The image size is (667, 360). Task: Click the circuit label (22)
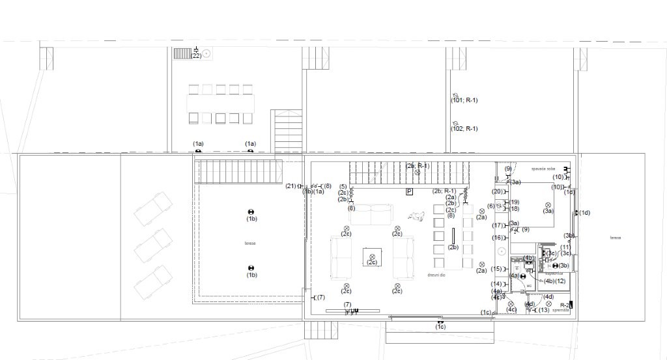click(196, 56)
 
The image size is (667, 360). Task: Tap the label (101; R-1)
click(464, 100)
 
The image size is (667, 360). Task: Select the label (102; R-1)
click(464, 129)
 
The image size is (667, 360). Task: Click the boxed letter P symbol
click(409, 191)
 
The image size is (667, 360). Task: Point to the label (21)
click(291, 186)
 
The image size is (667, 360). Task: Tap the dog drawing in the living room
click(414, 215)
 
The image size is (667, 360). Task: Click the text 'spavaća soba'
click(542, 167)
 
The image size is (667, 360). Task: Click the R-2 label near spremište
click(565, 304)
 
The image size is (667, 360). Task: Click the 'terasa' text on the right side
click(615, 238)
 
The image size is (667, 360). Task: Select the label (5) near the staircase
click(343, 187)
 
